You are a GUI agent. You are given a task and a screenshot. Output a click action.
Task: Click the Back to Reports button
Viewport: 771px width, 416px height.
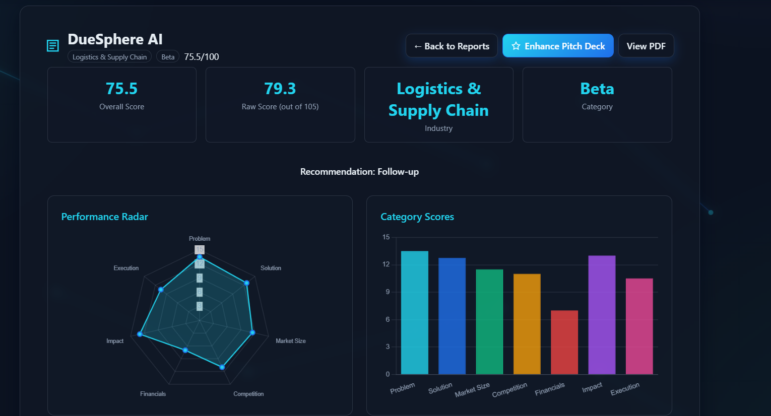point(452,46)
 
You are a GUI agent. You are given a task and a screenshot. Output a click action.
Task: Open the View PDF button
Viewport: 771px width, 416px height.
point(646,46)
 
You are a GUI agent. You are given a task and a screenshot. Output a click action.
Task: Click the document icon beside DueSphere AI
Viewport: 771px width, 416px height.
point(53,46)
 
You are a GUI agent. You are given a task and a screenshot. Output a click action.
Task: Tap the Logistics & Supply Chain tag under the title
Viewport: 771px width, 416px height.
point(109,57)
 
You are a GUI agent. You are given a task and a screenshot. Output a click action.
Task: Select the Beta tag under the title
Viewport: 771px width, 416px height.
point(168,57)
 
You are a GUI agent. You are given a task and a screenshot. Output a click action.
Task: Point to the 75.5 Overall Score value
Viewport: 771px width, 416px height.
point(121,89)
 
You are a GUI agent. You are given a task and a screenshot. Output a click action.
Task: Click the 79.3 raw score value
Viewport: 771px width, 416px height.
point(280,89)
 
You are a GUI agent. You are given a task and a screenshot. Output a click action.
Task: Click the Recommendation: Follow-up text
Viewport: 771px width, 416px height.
point(359,172)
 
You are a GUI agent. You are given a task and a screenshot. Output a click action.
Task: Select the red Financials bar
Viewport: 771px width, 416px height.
point(564,342)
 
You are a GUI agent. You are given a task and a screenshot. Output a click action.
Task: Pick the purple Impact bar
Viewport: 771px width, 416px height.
point(602,315)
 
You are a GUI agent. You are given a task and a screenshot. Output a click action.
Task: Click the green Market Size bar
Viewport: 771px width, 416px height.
point(489,322)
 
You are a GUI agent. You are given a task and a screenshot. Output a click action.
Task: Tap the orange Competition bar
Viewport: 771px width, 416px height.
point(527,324)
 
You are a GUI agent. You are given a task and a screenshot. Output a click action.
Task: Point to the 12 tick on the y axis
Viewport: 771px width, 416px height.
point(386,264)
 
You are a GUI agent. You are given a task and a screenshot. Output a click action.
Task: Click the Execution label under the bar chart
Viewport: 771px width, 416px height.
point(625,389)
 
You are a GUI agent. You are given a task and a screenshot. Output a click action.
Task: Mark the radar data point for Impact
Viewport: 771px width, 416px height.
point(140,334)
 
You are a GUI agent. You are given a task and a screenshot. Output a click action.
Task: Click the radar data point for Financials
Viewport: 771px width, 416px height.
point(185,350)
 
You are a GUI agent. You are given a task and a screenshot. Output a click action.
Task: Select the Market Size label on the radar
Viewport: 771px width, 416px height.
point(290,341)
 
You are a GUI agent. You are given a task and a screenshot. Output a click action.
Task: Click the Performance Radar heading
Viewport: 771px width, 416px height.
point(104,217)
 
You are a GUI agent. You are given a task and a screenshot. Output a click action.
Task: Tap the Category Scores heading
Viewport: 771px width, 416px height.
point(417,217)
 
